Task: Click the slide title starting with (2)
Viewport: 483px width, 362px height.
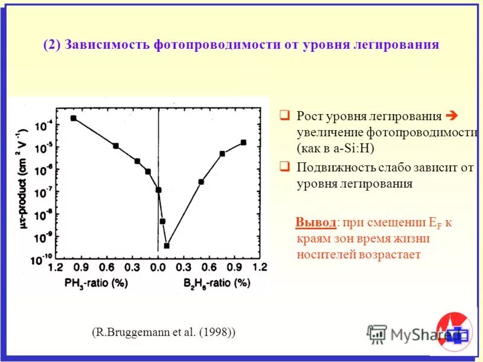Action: click(241, 45)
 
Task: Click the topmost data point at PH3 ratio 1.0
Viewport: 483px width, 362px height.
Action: click(74, 118)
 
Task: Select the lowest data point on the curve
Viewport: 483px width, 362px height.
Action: click(167, 246)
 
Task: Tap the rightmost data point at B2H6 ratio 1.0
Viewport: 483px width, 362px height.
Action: click(243, 142)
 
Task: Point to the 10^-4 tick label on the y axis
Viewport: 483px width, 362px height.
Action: click(43, 127)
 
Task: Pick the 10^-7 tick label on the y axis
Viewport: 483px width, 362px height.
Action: click(43, 192)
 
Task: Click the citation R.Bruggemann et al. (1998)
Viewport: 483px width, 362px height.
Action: click(164, 332)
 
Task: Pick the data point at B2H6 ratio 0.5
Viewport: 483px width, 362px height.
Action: click(201, 182)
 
